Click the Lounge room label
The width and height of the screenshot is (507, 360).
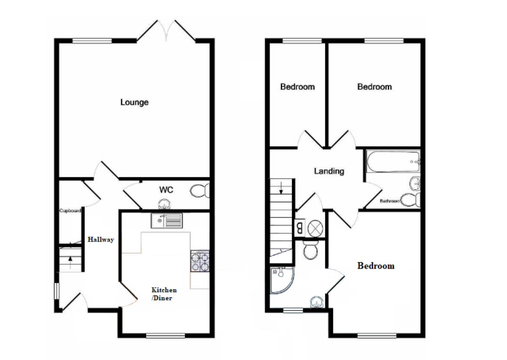click(134, 102)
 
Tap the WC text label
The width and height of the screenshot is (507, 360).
click(166, 190)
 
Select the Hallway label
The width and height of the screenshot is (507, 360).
click(100, 240)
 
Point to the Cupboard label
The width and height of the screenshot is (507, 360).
click(70, 211)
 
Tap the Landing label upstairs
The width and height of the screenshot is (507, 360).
click(329, 171)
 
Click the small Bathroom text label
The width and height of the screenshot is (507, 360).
click(389, 201)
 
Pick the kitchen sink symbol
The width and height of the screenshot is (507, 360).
click(166, 221)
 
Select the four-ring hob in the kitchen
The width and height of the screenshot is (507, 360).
click(200, 261)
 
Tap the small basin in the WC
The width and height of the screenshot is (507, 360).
click(164, 204)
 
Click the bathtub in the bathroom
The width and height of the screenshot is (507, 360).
click(393, 162)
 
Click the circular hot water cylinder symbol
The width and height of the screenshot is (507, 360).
click(314, 228)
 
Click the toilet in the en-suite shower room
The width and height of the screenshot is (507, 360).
click(310, 250)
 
